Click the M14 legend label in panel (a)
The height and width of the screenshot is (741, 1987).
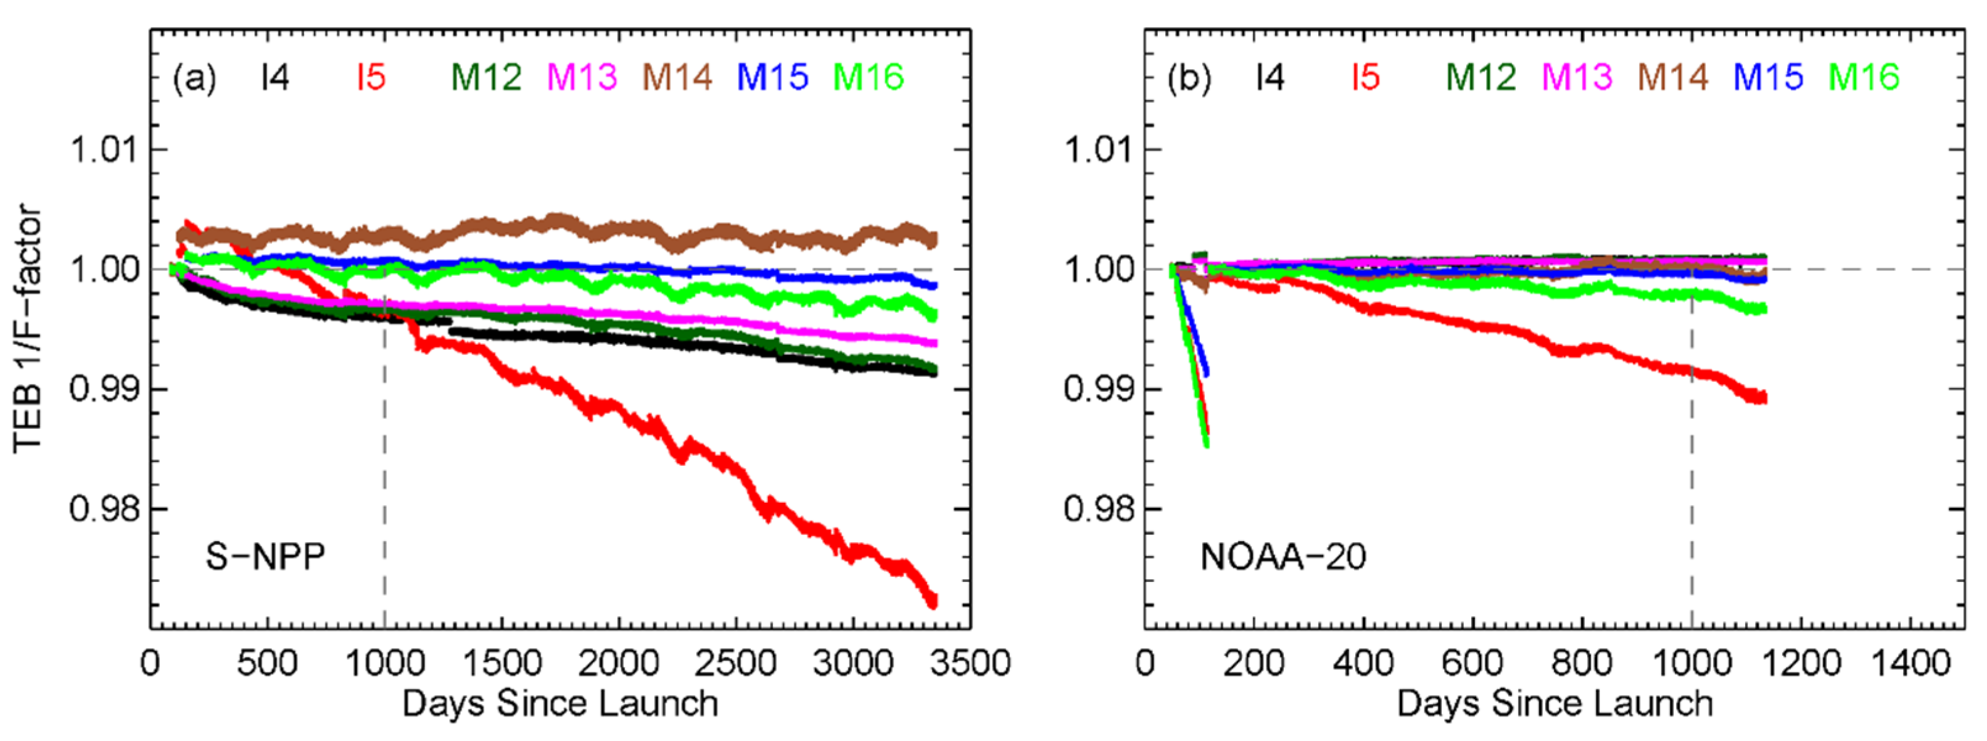click(x=677, y=78)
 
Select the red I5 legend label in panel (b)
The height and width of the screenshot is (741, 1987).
click(x=1365, y=78)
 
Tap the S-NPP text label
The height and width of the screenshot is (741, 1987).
click(x=265, y=556)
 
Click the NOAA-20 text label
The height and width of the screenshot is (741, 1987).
click(x=1283, y=556)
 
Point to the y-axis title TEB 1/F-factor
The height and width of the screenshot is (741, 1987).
click(x=28, y=328)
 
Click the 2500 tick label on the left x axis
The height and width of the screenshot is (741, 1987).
click(x=735, y=663)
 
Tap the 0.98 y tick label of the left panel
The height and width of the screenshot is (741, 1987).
click(x=104, y=509)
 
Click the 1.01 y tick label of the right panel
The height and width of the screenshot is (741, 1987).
click(x=1099, y=149)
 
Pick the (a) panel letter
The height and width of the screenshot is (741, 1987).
click(x=194, y=78)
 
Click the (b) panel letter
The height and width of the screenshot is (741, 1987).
click(x=1189, y=78)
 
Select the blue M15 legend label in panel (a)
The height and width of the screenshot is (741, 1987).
click(x=772, y=78)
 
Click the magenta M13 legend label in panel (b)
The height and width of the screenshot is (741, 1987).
click(x=1577, y=78)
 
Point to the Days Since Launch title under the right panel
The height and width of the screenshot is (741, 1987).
click(x=1555, y=704)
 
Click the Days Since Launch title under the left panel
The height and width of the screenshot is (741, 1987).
click(x=560, y=704)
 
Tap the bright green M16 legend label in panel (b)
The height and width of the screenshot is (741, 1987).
click(x=1864, y=78)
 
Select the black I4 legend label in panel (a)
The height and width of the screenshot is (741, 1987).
click(x=275, y=78)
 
